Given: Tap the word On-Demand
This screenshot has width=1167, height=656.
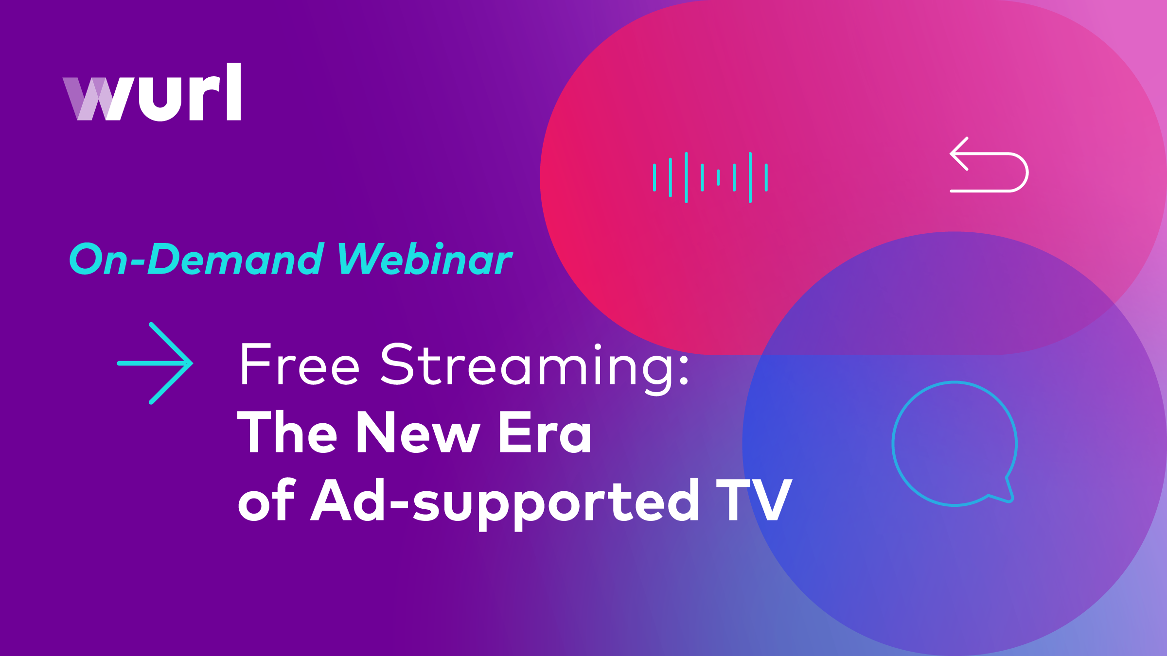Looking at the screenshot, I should tap(197, 259).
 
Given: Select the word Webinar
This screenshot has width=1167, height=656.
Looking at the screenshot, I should tap(424, 259).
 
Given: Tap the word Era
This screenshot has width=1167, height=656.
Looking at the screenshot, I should tap(545, 432).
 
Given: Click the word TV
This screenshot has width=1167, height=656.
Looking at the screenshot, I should tap(754, 500).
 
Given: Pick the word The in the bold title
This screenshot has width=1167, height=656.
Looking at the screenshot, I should tap(287, 432).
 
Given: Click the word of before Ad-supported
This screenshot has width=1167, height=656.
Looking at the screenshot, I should tap(266, 501).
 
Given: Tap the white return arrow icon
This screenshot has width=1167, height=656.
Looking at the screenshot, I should tap(989, 165).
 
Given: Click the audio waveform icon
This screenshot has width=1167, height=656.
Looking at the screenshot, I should tap(710, 177).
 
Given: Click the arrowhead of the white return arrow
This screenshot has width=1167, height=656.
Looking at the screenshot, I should tap(958, 154).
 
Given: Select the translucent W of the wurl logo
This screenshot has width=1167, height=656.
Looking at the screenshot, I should tap(88, 99).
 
